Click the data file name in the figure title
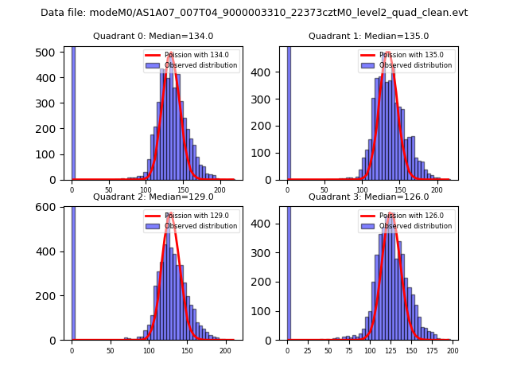(x=254, y=13)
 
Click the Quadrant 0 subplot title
(x=153, y=36)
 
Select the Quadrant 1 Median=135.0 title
(x=369, y=36)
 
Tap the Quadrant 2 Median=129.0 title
(x=153, y=197)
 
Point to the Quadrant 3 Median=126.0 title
(x=369, y=197)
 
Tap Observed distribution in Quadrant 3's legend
(x=415, y=226)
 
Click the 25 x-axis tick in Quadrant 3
(x=308, y=350)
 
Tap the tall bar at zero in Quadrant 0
(x=73, y=111)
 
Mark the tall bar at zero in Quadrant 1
(x=289, y=111)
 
